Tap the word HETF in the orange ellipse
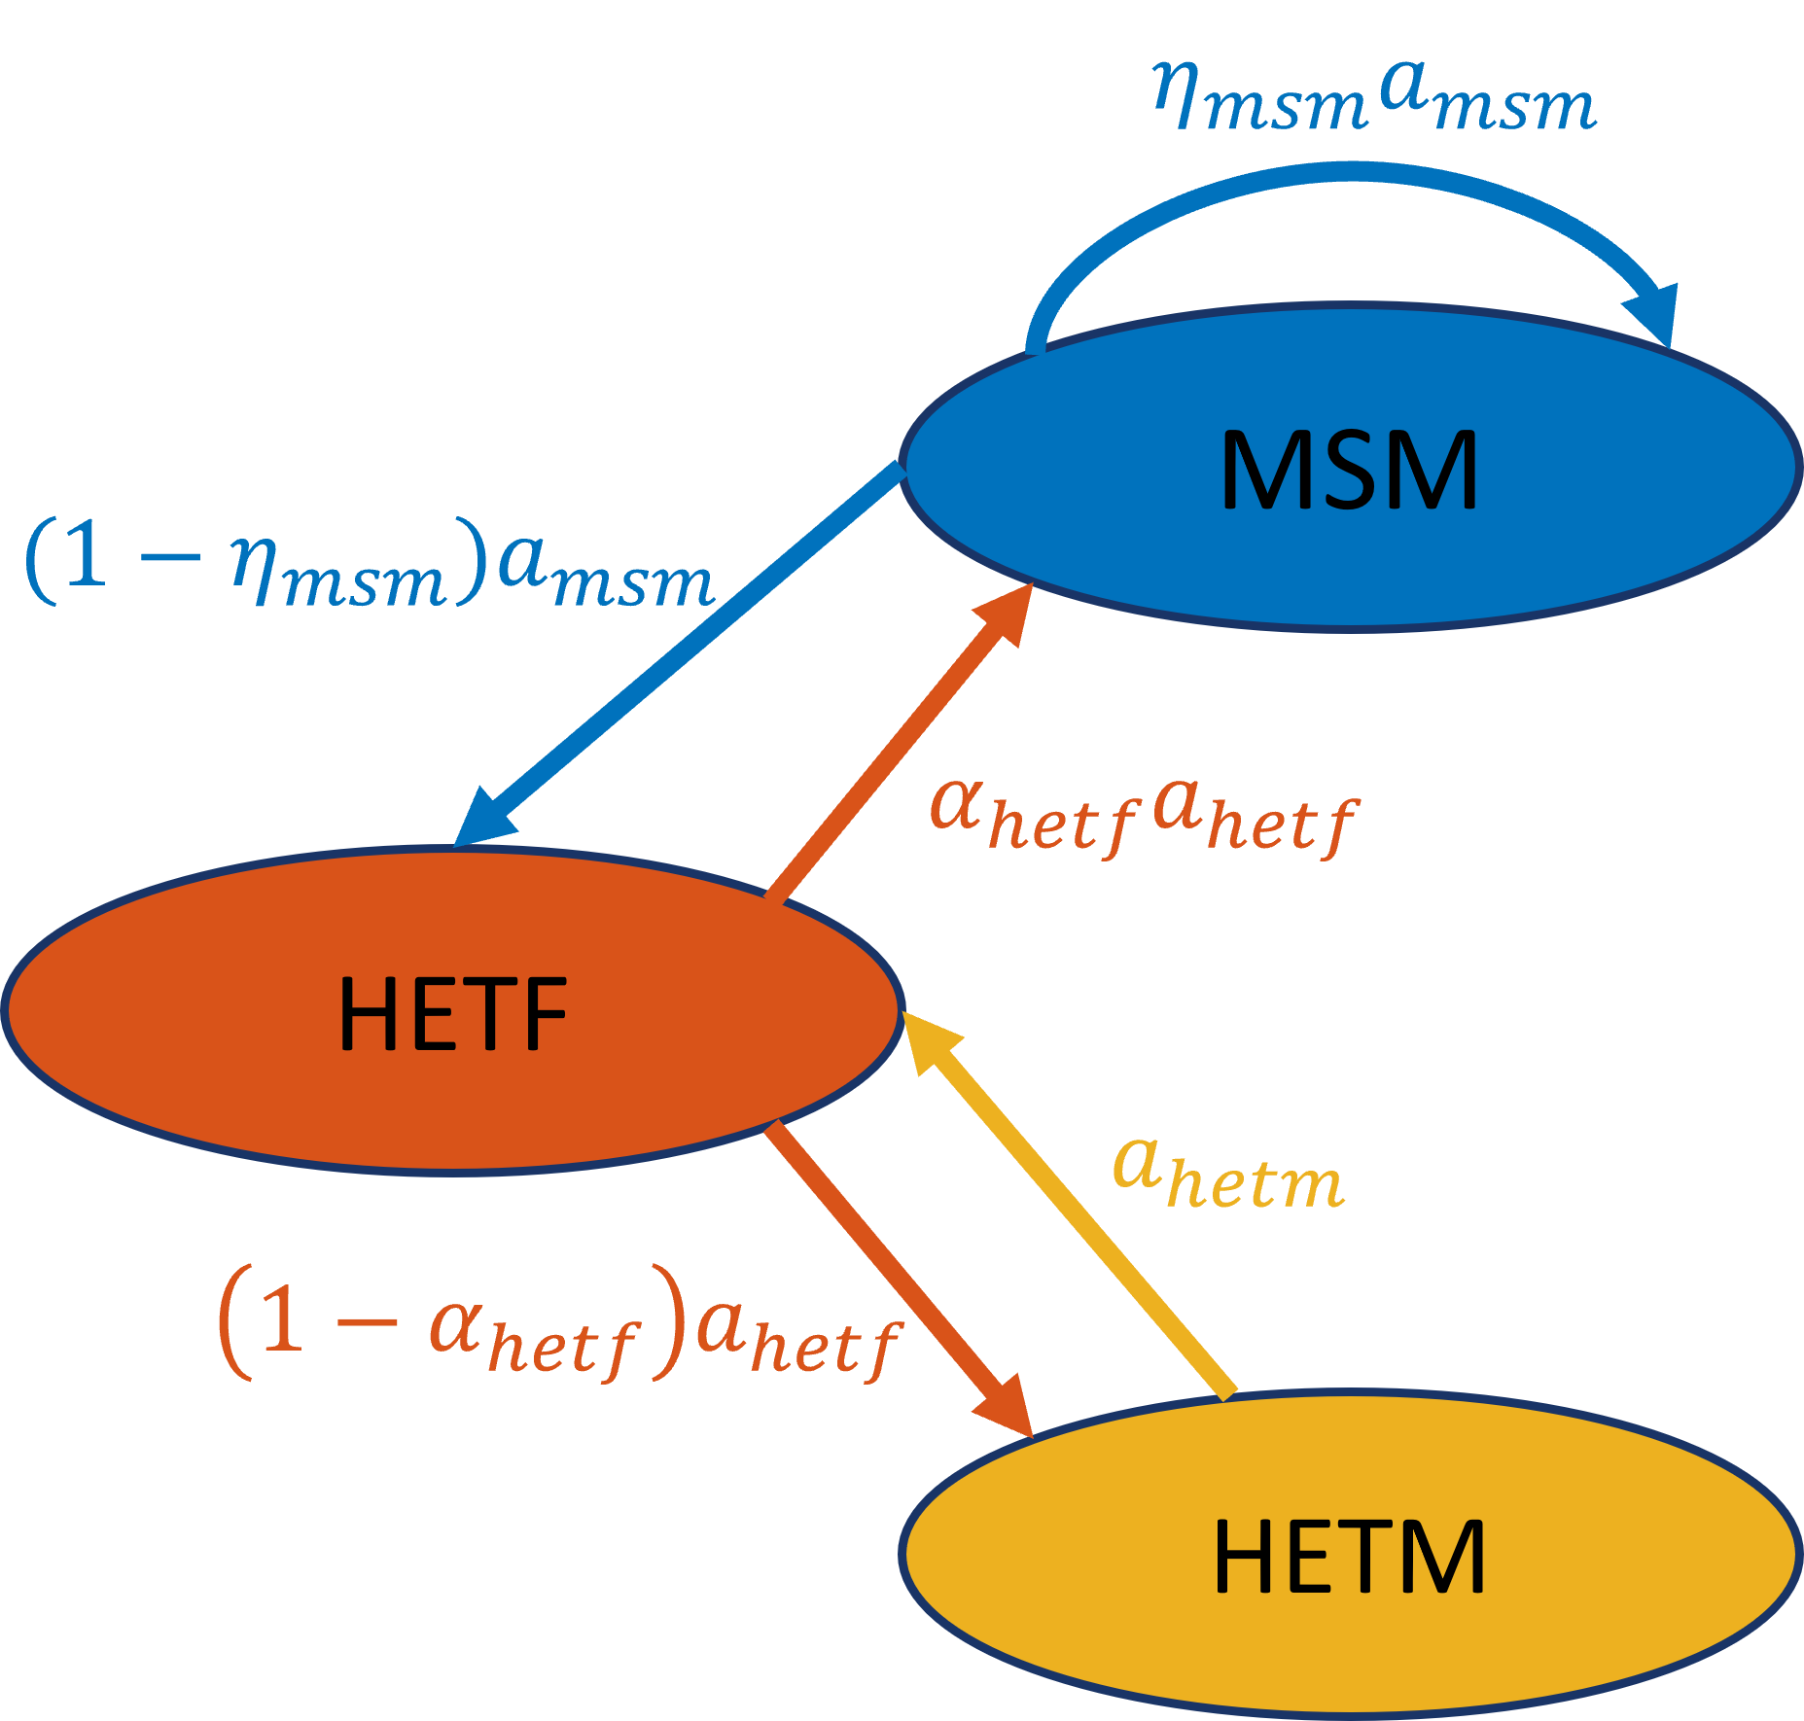click(452, 1014)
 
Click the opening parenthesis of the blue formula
click(41, 562)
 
